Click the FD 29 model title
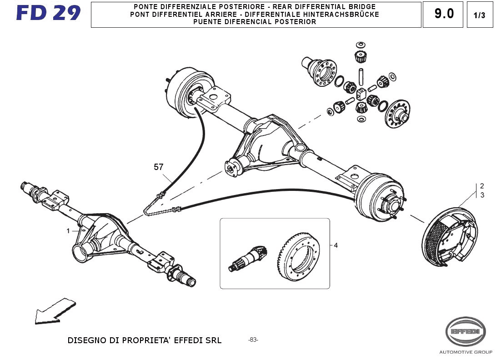pos(49,13)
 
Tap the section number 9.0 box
pos(444,14)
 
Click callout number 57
pos(159,167)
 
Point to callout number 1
pos(68,231)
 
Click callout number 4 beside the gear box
pos(336,245)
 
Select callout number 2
pos(482,186)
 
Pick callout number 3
pos(482,195)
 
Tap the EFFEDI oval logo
pos(465,331)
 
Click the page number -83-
pos(253,340)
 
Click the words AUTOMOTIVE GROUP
pos(465,352)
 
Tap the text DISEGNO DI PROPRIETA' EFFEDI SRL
pos(144,340)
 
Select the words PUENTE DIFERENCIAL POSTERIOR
pos(256,22)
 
